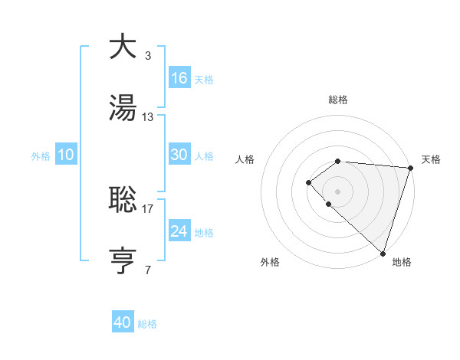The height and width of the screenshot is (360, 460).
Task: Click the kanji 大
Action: (123, 47)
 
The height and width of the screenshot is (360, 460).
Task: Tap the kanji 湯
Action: (123, 109)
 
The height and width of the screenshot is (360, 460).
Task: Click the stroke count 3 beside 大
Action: (147, 55)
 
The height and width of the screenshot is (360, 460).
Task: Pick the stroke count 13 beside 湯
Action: (148, 117)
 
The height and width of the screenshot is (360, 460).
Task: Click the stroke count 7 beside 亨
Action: (147, 270)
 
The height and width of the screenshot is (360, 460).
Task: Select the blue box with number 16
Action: (179, 78)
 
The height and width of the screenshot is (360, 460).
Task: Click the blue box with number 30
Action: (179, 155)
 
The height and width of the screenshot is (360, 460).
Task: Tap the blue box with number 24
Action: (179, 231)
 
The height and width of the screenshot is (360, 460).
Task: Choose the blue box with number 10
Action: (66, 155)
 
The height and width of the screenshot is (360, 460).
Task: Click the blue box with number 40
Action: (123, 322)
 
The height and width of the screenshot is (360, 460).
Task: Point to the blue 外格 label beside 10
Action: (41, 156)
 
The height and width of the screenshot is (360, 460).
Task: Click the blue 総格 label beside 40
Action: (147, 324)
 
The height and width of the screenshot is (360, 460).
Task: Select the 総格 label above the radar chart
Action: (338, 100)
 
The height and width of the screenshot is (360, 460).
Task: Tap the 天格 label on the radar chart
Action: (431, 159)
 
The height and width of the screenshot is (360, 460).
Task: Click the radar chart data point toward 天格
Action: (410, 167)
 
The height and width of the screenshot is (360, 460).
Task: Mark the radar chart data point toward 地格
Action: (383, 253)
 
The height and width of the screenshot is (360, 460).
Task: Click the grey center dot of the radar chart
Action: (337, 191)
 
